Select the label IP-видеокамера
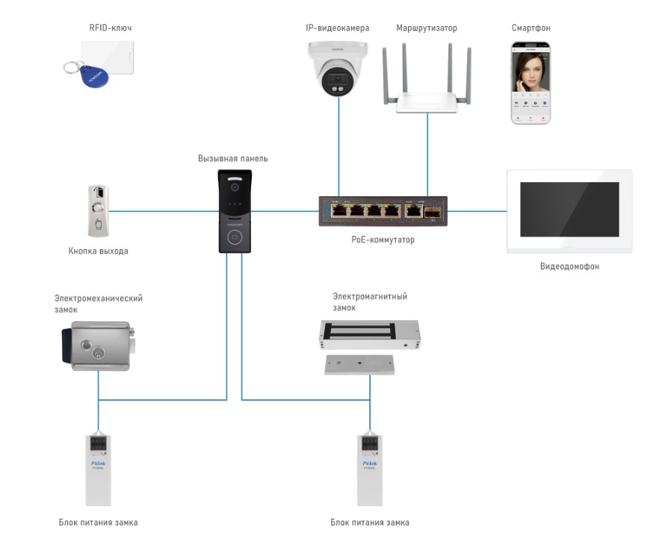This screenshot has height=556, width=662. (338, 28)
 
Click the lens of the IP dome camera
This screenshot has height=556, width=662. (333, 85)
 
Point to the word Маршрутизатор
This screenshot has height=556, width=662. (427, 28)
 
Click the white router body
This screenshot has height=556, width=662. (427, 103)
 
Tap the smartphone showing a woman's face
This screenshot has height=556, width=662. (530, 82)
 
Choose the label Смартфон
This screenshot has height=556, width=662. (530, 28)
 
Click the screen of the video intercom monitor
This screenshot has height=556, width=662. (569, 210)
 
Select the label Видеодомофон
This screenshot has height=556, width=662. (569, 266)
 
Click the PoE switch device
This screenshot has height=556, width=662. (381, 210)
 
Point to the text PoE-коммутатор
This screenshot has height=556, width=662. (383, 240)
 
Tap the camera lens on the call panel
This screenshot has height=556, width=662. (233, 181)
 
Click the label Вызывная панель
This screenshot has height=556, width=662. (233, 159)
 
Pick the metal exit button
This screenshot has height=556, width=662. (98, 210)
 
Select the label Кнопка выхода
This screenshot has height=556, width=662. (98, 252)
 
